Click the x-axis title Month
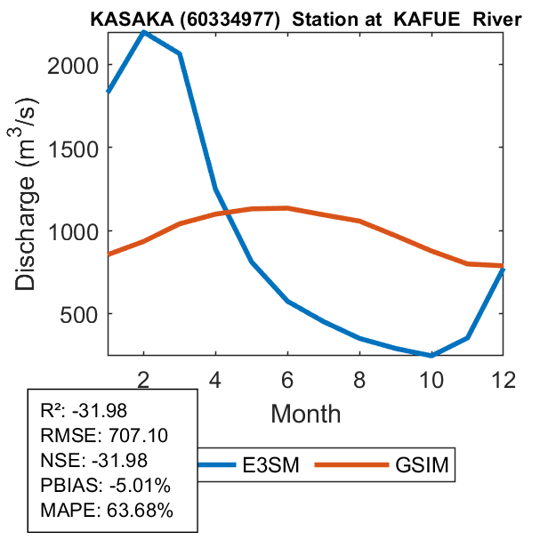[x=305, y=413]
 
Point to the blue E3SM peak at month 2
[x=144, y=32]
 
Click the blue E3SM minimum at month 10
[x=432, y=356]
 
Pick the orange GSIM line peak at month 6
[x=288, y=208]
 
